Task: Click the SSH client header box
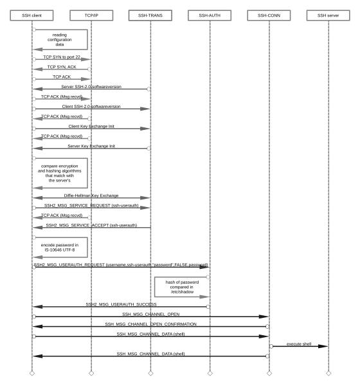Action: [x=32, y=15]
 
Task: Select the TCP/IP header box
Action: [x=91, y=15]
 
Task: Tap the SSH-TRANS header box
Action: [x=150, y=15]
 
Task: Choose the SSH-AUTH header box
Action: [x=210, y=15]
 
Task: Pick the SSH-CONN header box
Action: [x=269, y=15]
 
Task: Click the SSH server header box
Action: [x=328, y=15]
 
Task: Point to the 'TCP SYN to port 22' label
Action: [x=62, y=57]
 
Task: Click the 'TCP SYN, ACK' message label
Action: [x=62, y=67]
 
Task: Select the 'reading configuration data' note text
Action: [x=60, y=40]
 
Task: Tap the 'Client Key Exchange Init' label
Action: [x=91, y=126]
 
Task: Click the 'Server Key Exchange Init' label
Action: [x=91, y=146]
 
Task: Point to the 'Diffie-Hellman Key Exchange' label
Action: [x=91, y=196]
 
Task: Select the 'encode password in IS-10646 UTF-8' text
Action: [x=60, y=248]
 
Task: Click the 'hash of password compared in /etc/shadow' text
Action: [x=182, y=287]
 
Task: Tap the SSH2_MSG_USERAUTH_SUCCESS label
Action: [x=121, y=304]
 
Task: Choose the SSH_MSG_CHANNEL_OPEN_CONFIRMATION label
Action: [x=150, y=324]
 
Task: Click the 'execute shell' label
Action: [x=299, y=344]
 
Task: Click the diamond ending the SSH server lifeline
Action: [x=328, y=373]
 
